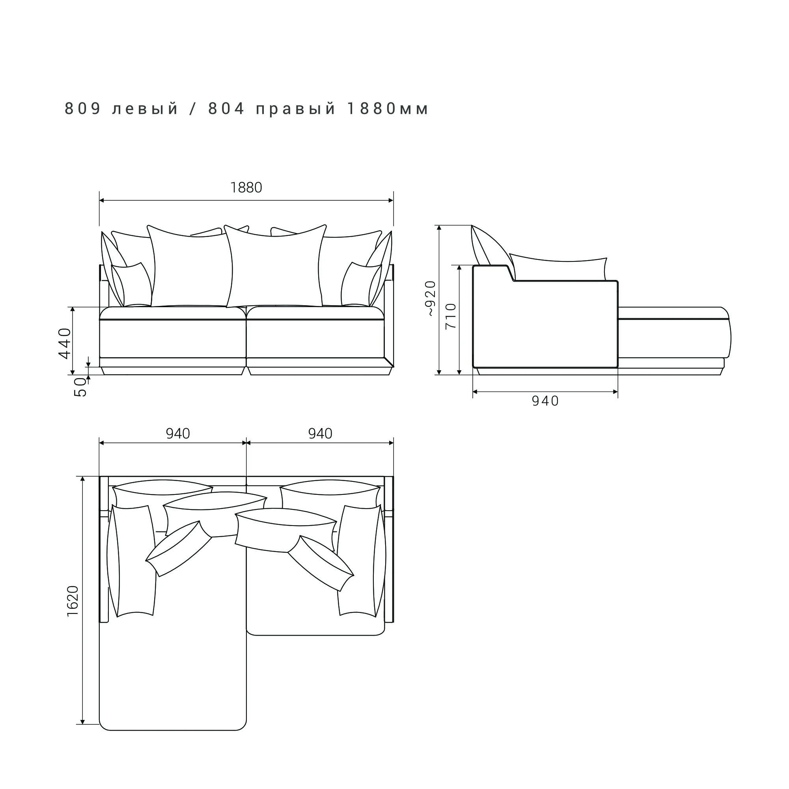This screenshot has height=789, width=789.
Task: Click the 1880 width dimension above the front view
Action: point(246,187)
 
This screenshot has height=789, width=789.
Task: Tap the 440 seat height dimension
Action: point(65,343)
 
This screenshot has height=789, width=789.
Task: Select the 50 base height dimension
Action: point(80,387)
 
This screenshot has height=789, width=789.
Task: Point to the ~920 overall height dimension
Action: point(431,298)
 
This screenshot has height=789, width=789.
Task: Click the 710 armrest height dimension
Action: point(450,317)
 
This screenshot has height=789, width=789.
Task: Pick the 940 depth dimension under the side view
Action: point(545,401)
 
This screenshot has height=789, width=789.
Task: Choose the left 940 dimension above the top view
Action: point(178,433)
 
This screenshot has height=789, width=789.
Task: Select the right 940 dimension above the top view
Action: point(320,433)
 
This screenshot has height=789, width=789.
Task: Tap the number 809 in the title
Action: point(83,109)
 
